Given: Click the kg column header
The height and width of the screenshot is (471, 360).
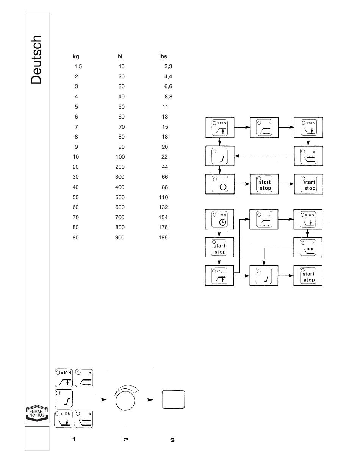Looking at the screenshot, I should [76, 56].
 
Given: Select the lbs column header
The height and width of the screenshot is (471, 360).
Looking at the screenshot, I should [163, 56].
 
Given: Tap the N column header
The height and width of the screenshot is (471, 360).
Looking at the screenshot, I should [120, 56].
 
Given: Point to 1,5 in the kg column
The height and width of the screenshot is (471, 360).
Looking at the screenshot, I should [78, 66].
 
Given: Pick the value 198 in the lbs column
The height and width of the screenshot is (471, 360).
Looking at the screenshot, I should [163, 237].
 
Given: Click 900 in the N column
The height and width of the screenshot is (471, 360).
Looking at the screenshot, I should [120, 237].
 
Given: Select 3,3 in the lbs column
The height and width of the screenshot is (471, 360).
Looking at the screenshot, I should [168, 66].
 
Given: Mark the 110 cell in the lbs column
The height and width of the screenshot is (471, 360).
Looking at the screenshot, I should [163, 197].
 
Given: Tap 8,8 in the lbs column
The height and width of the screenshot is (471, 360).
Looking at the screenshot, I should [168, 97].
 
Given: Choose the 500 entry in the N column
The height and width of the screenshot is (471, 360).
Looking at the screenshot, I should [120, 197].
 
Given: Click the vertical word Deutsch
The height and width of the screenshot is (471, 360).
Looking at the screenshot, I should [36, 60].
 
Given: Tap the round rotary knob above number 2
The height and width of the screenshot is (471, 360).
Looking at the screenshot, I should [125, 400].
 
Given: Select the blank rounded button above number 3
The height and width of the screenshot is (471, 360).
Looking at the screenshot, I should [173, 399].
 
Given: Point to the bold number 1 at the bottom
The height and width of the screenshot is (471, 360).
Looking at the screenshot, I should [74, 439].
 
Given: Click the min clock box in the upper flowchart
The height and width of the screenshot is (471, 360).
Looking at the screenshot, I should [220, 184].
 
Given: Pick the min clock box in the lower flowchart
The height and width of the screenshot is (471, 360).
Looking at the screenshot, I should [220, 218].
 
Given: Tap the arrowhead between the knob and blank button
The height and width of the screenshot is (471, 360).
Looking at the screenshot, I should [150, 400].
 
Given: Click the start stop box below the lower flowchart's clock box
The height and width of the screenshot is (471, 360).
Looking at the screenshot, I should [220, 248].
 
